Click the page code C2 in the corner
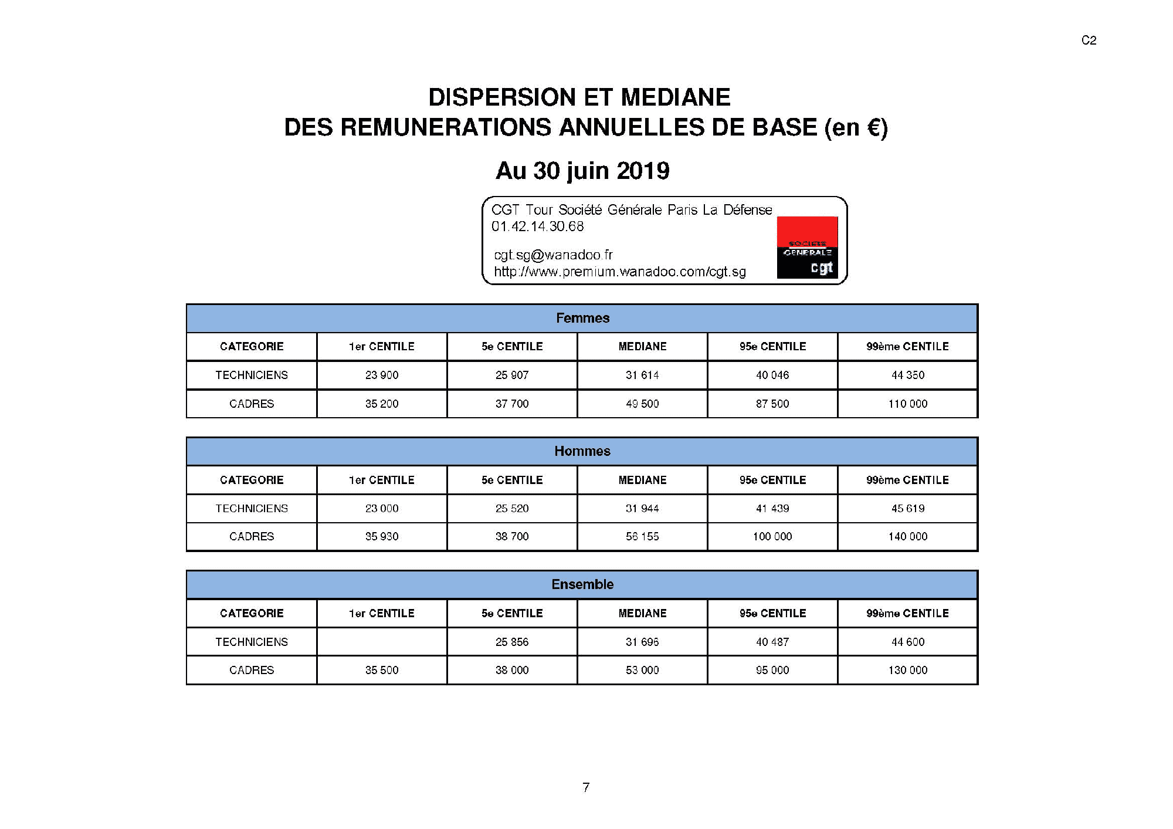click(1089, 40)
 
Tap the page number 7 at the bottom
click(585, 787)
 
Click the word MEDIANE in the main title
click(676, 97)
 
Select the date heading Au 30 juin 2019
click(582, 171)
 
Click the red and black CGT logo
click(807, 247)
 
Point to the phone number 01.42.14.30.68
click(538, 226)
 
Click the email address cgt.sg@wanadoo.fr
click(553, 255)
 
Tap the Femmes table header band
click(582, 318)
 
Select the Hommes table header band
click(582, 451)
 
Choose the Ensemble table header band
click(582, 584)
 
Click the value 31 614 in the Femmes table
click(642, 375)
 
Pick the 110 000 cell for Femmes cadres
click(907, 404)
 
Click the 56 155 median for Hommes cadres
click(642, 536)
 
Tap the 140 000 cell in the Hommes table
click(907, 536)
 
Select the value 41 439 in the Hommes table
click(772, 508)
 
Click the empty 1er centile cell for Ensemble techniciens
click(382, 642)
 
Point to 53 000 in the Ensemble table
click(642, 670)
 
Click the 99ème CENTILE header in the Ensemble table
click(907, 613)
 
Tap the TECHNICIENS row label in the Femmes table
click(252, 375)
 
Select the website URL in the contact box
click(620, 272)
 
